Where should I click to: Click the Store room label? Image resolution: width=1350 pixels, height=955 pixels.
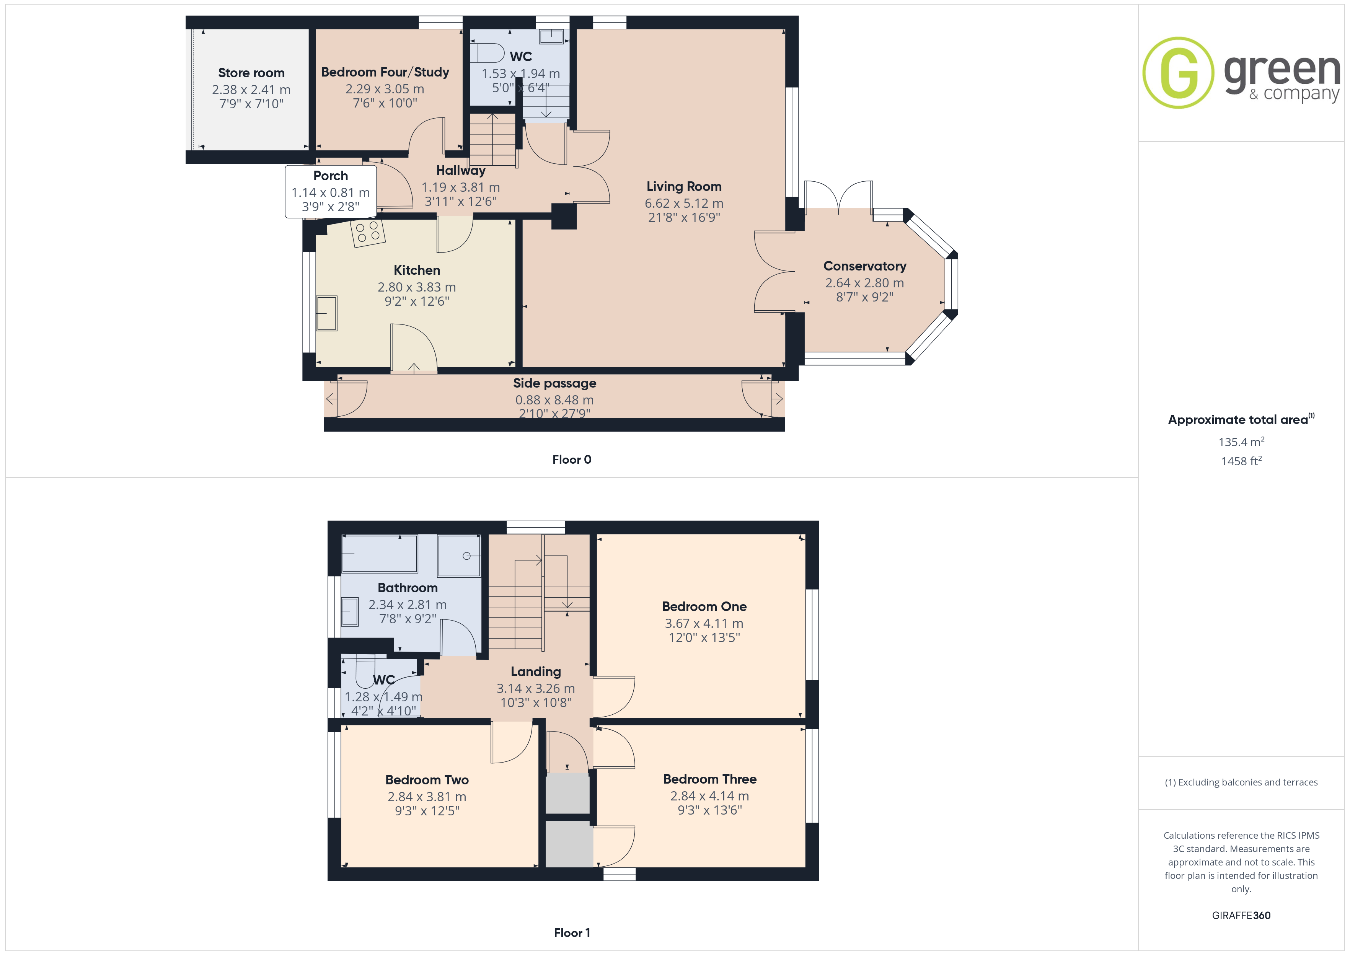[x=251, y=73]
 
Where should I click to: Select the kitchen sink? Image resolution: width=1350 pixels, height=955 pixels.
[x=327, y=313]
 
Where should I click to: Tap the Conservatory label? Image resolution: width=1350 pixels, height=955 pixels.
[x=864, y=266]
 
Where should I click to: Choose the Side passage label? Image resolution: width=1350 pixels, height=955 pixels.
[x=554, y=383]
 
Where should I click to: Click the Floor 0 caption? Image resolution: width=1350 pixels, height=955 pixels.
[x=572, y=460]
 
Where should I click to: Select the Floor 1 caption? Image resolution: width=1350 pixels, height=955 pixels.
[x=572, y=933]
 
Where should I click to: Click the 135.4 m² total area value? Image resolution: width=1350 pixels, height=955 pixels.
[x=1241, y=442]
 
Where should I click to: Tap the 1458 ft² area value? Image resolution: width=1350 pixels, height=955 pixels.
[x=1241, y=461]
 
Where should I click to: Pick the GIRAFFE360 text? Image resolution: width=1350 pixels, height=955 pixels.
[x=1241, y=916]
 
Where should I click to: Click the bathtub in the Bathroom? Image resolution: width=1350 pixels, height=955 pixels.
[x=379, y=553]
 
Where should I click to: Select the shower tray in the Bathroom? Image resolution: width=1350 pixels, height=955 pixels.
[x=459, y=556]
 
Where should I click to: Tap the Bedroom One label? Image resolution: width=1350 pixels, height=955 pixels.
[x=704, y=607]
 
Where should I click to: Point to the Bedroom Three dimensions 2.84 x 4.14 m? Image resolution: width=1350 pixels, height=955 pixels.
[x=710, y=796]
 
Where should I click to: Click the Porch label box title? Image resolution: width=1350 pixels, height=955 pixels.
[x=331, y=176]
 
